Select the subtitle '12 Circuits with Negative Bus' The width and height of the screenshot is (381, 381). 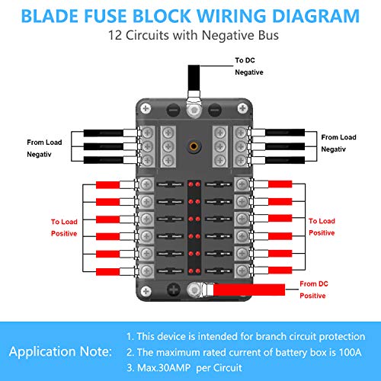click(x=190, y=36)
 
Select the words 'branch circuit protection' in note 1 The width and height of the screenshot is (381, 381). click(x=309, y=335)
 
